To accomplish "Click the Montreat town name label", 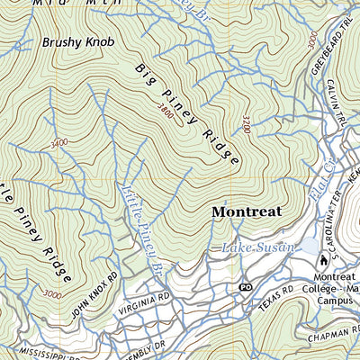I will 246,211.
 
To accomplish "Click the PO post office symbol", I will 244,287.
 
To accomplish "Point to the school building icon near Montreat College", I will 323,261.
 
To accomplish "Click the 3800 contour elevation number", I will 164,111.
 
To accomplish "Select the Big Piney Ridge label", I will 187,114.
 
